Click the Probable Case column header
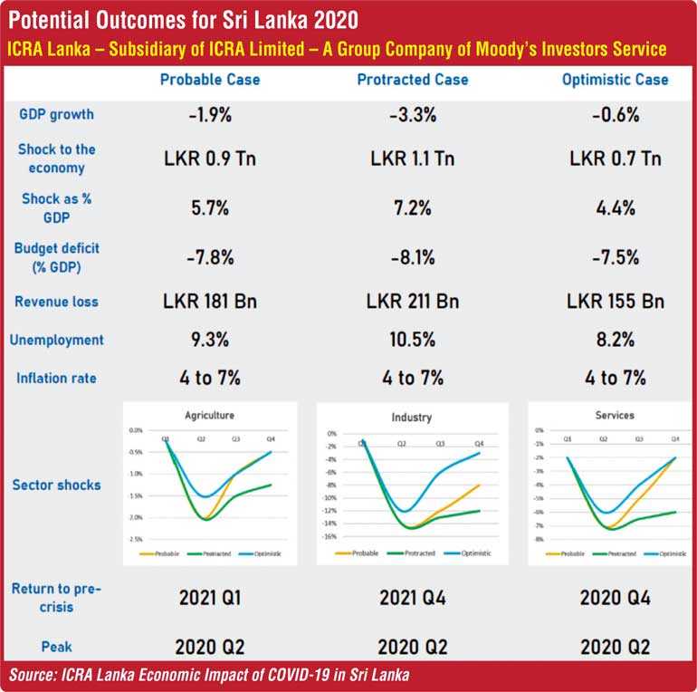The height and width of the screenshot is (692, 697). click(209, 80)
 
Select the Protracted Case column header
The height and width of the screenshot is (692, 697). click(413, 80)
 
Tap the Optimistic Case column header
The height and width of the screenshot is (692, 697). click(615, 80)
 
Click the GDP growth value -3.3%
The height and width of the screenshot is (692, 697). click(413, 115)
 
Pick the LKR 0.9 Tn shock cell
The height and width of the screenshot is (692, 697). click(209, 159)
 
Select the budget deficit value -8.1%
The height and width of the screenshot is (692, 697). click(413, 256)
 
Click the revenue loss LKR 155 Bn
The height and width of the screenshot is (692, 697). click(615, 302)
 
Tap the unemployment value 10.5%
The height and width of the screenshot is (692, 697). click(413, 341)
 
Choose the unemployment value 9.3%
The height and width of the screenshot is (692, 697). click(209, 341)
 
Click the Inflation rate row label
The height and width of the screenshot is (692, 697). click(56, 378)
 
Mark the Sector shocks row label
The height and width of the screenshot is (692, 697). click(56, 485)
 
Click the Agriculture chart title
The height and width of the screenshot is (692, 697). click(209, 415)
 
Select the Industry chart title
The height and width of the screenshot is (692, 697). click(413, 418)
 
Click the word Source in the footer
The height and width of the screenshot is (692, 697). click(33, 675)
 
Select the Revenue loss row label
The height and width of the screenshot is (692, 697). click(56, 302)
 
